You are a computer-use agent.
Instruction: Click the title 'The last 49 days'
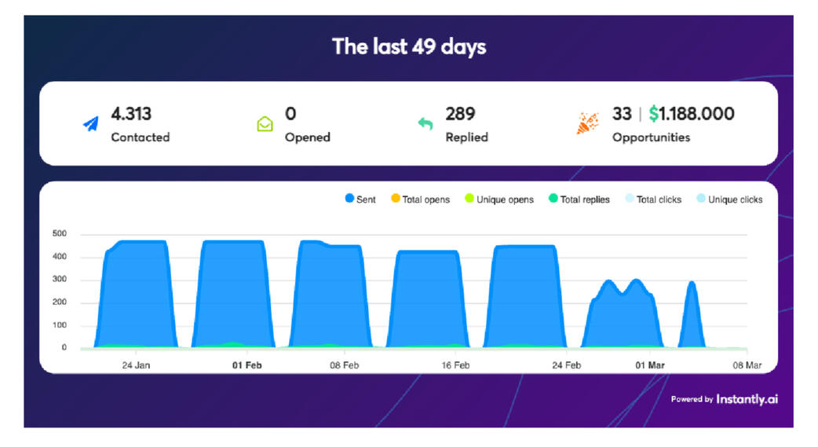coord(409,46)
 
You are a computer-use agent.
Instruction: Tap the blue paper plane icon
coord(91,123)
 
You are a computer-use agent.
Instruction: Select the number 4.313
coord(131,114)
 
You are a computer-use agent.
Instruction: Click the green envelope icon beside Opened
coord(265,124)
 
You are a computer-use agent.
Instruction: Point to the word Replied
coord(466,137)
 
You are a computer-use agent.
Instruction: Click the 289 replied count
coord(460,114)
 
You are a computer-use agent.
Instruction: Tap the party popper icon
coord(588,123)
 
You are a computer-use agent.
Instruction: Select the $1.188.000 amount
coord(692,114)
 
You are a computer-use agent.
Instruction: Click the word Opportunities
coord(651,137)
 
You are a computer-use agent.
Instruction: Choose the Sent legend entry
coord(360,200)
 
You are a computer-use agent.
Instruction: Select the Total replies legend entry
coord(579,200)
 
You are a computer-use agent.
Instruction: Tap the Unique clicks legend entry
coord(729,200)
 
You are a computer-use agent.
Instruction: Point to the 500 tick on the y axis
coord(60,234)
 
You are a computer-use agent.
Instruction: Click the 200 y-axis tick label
coord(60,302)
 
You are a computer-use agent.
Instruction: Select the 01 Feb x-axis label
coord(246,365)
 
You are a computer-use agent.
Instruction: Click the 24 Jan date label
coord(137,365)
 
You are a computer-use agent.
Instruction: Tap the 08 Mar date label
coord(747,365)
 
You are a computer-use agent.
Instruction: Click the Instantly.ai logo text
coord(747,399)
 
